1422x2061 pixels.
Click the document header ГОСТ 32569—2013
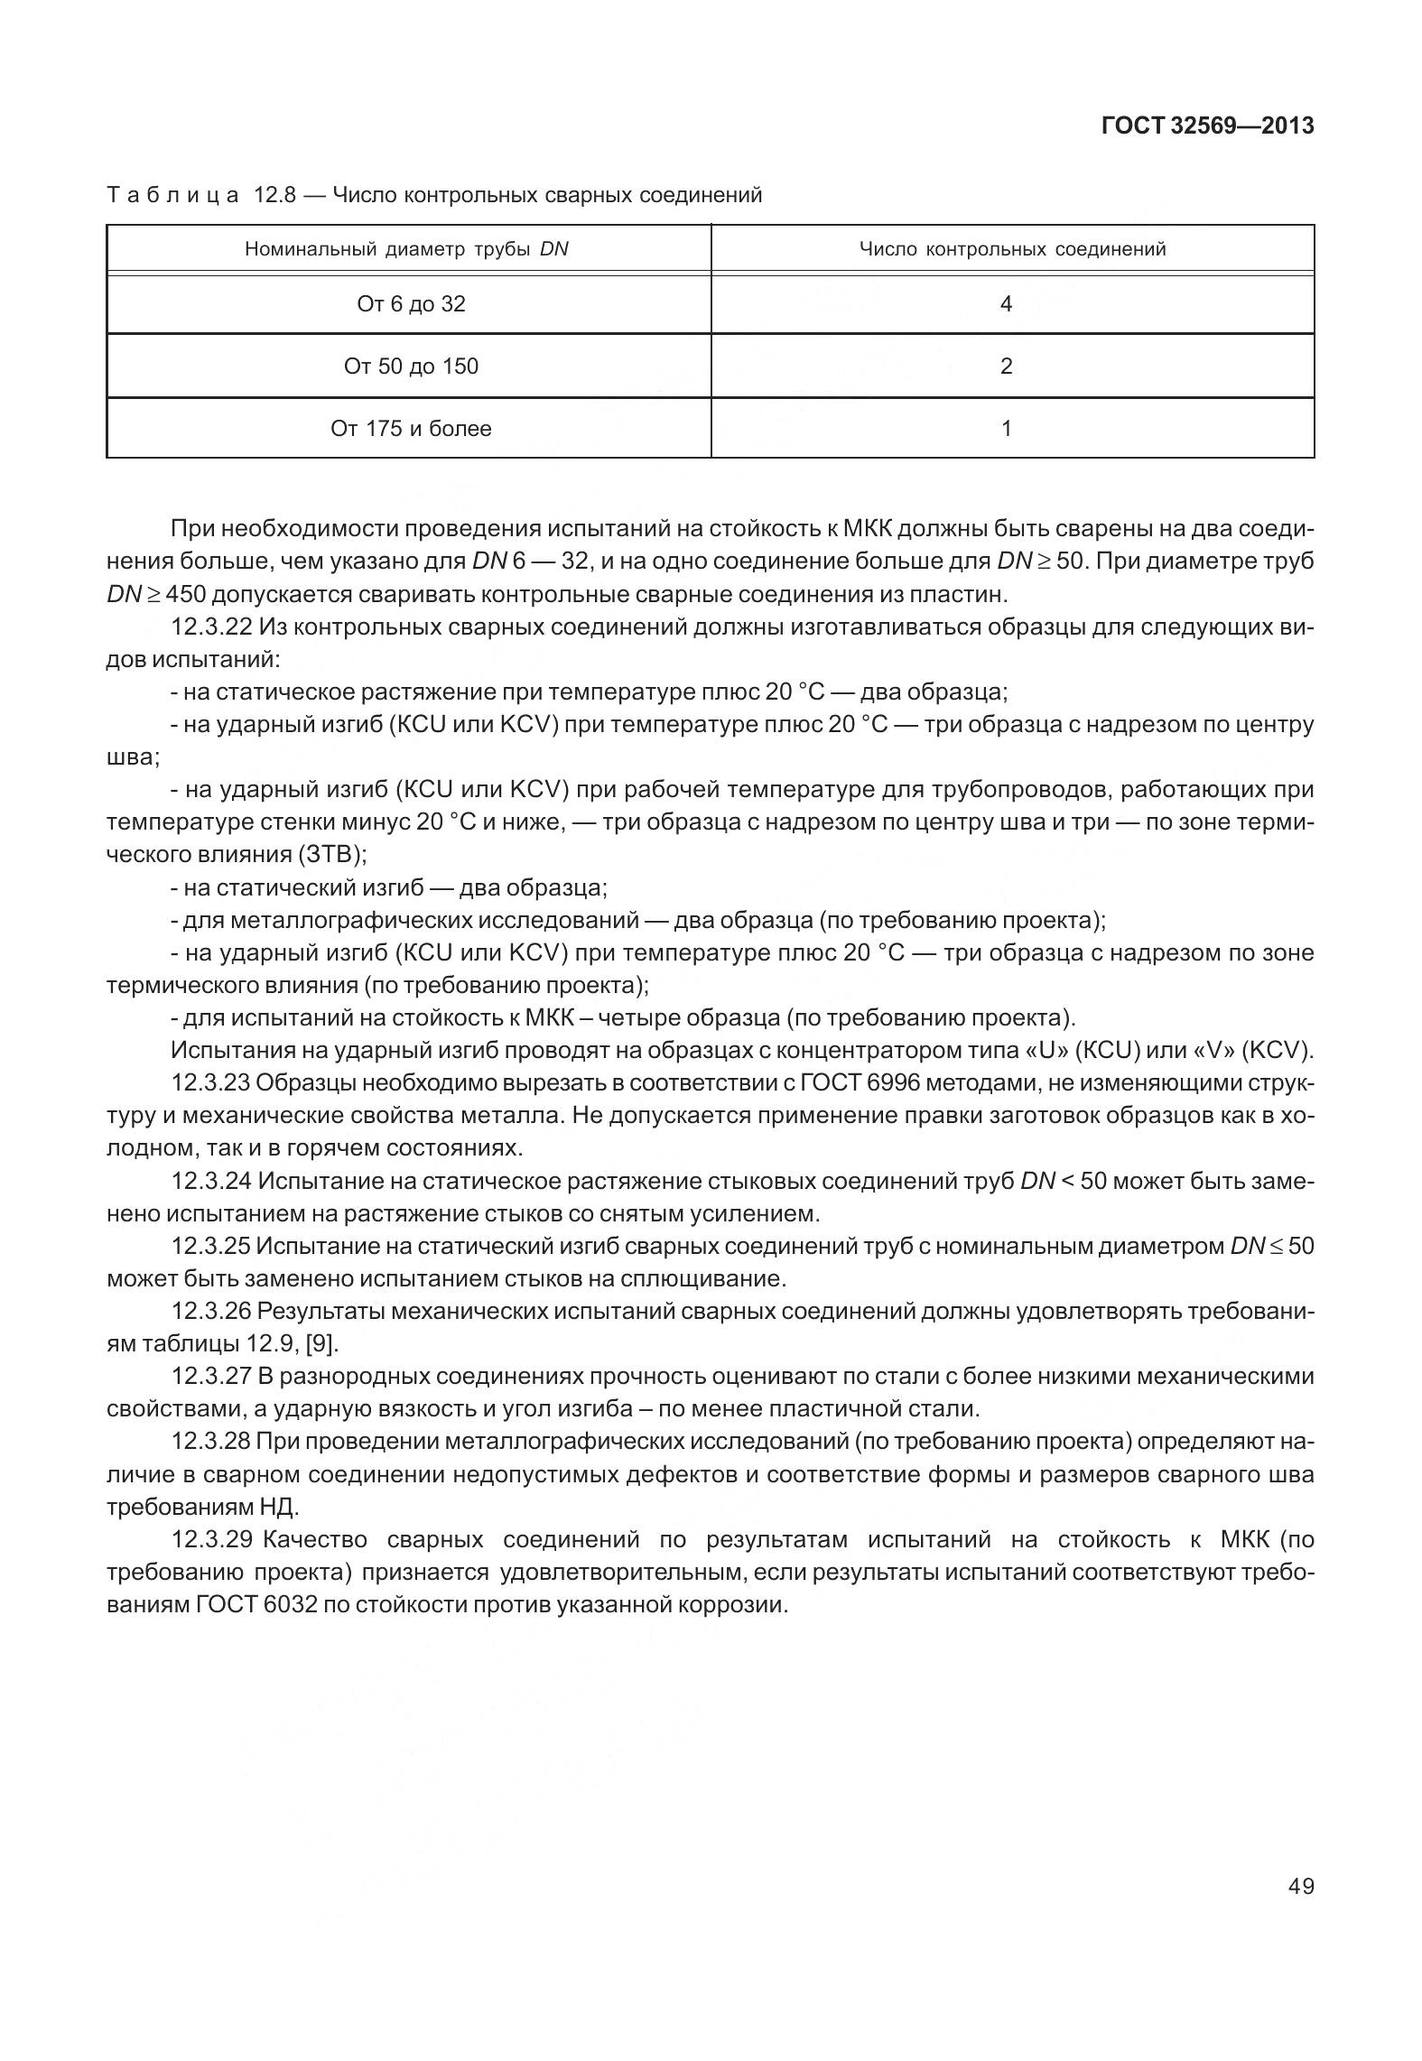pos(1207,126)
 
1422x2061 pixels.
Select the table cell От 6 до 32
pos(411,304)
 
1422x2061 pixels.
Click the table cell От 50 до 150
pos(411,367)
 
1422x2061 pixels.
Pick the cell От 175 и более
pos(411,428)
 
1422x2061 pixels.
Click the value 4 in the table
pos(1006,304)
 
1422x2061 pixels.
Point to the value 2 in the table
pos(1006,367)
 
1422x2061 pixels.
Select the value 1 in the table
pos(1006,428)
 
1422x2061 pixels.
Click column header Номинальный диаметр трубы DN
pos(406,249)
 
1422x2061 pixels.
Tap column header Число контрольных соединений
pos(1012,249)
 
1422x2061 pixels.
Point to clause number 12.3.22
pos(211,627)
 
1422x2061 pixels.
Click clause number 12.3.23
pos(211,1083)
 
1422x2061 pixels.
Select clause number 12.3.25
pos(211,1247)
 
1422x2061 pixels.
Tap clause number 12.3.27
pos(211,1377)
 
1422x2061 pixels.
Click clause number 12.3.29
pos(211,1539)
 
